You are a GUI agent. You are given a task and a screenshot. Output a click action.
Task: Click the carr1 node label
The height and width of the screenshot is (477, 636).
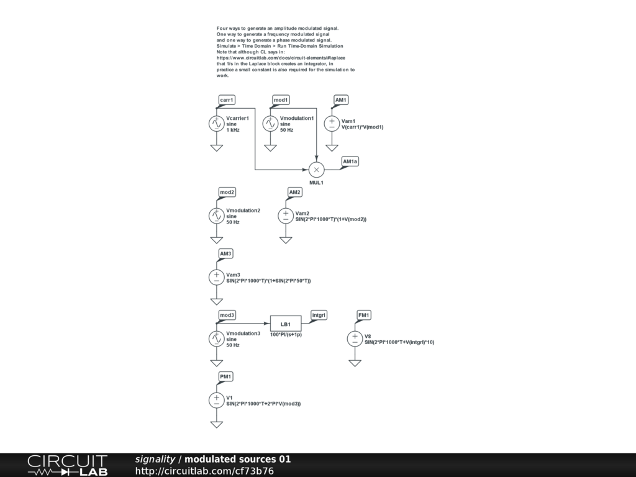click(x=227, y=100)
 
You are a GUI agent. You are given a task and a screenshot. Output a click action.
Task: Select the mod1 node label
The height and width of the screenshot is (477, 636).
click(x=281, y=100)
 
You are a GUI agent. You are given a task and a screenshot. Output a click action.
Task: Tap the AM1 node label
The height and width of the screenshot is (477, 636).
click(x=341, y=100)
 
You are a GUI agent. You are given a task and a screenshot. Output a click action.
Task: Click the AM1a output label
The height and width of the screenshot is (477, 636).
click(x=350, y=161)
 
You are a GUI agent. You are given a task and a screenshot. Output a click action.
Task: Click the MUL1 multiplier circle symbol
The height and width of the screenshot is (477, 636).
click(x=316, y=170)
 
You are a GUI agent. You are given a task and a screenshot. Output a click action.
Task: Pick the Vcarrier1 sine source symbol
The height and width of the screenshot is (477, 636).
click(x=216, y=124)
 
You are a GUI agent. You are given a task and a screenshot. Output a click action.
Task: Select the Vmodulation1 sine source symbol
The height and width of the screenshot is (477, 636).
click(x=270, y=124)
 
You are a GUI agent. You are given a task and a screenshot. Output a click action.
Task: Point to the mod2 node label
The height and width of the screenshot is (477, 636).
click(x=227, y=192)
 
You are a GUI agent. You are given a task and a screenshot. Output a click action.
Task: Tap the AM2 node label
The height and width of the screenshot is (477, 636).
click(x=295, y=192)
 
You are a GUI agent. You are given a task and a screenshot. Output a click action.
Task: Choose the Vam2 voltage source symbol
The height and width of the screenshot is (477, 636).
click(x=286, y=216)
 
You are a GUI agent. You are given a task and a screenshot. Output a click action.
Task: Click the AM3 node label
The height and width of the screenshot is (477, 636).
click(x=226, y=253)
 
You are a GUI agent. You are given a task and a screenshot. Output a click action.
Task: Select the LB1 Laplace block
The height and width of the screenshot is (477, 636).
click(x=286, y=324)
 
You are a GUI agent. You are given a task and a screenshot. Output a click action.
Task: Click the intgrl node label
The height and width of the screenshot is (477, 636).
click(x=319, y=315)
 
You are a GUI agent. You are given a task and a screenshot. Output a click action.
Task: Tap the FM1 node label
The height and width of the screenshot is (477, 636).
click(x=364, y=315)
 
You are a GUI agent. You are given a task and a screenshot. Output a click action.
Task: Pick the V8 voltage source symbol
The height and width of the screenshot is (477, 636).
click(x=355, y=338)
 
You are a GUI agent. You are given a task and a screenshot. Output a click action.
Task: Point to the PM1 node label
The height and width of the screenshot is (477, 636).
click(x=226, y=376)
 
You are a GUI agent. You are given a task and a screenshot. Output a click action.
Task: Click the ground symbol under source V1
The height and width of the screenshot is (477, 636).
click(x=216, y=424)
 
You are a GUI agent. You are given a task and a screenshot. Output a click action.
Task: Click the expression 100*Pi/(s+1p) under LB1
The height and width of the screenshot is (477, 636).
click(x=286, y=335)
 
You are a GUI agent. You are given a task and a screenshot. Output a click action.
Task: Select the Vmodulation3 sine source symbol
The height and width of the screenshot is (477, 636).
click(x=216, y=338)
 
